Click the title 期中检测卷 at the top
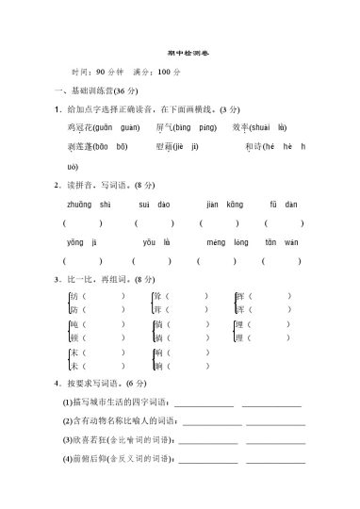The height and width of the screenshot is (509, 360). [179, 53]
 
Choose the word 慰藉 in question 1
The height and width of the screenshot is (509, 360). [165, 147]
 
